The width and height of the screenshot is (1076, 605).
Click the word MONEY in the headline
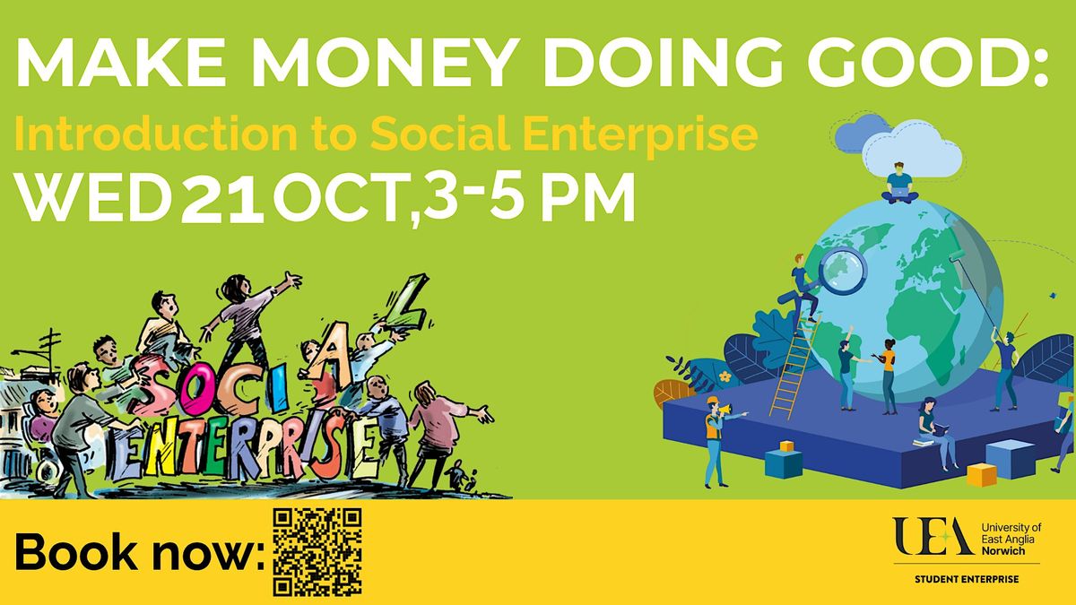click(x=382, y=63)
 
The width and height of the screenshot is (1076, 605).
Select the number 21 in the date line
click(x=222, y=198)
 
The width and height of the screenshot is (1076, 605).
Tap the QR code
click(x=317, y=552)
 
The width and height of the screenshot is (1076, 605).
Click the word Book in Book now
click(x=77, y=551)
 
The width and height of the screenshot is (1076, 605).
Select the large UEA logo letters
click(x=933, y=536)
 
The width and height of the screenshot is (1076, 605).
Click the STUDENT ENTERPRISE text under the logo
click(x=967, y=580)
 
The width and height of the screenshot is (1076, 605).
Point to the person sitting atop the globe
click(x=899, y=184)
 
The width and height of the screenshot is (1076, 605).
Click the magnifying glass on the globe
click(x=842, y=271)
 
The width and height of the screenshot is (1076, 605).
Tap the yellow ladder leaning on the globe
click(x=794, y=367)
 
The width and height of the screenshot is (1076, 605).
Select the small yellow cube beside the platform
click(x=982, y=474)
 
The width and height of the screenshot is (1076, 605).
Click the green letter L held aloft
click(x=407, y=304)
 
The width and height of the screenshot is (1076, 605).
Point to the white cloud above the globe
click(x=911, y=149)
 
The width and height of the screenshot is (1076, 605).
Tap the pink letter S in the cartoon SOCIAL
click(x=153, y=385)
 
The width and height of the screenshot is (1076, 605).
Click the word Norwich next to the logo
click(x=1003, y=550)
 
